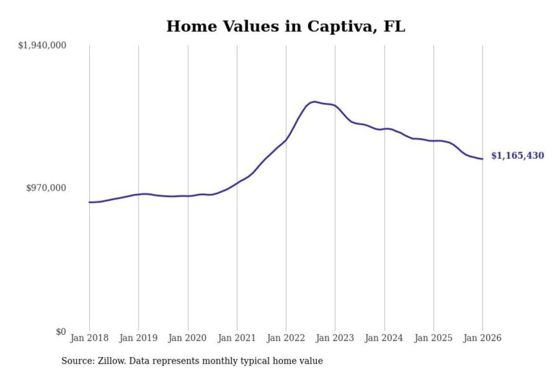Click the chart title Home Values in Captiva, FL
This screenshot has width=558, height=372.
click(286, 26)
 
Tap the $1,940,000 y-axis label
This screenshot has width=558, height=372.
click(42, 45)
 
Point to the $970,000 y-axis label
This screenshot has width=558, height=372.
click(46, 188)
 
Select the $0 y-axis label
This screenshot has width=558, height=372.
click(61, 332)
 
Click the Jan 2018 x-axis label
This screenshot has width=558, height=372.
click(89, 338)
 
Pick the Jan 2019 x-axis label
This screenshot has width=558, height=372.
click(138, 338)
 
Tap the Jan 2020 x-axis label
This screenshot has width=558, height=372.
click(188, 338)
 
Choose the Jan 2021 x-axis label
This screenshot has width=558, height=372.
click(237, 338)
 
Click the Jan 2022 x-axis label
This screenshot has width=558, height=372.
click(286, 338)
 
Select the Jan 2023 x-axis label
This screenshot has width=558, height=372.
click(335, 338)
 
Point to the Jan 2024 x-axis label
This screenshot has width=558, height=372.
click(384, 338)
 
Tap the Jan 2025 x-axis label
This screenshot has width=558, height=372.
click(433, 338)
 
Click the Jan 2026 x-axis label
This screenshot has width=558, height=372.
click(482, 338)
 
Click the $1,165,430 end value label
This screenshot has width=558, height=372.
click(518, 156)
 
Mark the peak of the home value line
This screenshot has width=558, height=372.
click(315, 102)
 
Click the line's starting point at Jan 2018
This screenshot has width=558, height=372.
click(90, 202)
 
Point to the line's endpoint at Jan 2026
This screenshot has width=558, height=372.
click(482, 159)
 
